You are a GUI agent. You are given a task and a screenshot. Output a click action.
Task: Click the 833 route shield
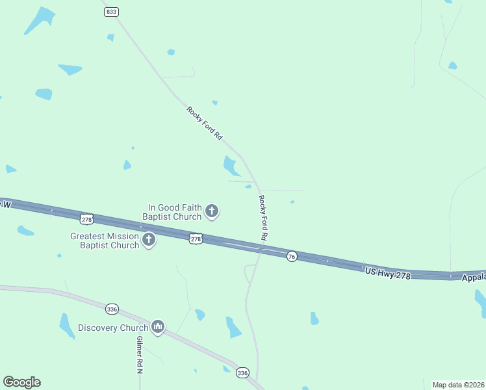tap(111, 12)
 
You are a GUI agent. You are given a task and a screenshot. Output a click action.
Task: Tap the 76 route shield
tap(292, 257)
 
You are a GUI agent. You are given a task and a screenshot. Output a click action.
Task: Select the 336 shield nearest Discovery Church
tap(112, 309)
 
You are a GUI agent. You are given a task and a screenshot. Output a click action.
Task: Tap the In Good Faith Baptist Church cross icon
tap(211, 211)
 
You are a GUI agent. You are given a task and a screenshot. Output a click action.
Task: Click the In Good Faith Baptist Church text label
tap(172, 211)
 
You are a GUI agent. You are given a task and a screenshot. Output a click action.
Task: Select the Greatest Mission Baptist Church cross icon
tap(149, 240)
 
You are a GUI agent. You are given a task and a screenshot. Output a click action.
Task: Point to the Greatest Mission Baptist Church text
tap(105, 240)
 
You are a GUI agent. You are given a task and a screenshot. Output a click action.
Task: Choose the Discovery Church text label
tap(113, 328)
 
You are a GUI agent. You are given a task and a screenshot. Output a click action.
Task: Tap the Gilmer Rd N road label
tap(140, 355)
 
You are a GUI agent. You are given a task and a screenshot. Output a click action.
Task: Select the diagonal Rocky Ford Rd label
tap(205, 123)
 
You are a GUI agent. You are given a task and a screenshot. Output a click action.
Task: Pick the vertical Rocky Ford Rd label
tap(263, 216)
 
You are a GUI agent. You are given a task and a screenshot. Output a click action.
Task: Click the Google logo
tap(21, 382)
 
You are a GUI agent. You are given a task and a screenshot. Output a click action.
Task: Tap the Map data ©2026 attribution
tap(458, 384)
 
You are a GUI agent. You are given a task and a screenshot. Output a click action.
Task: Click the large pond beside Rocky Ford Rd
tap(230, 166)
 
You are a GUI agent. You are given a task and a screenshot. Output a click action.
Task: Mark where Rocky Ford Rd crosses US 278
tap(261, 248)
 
